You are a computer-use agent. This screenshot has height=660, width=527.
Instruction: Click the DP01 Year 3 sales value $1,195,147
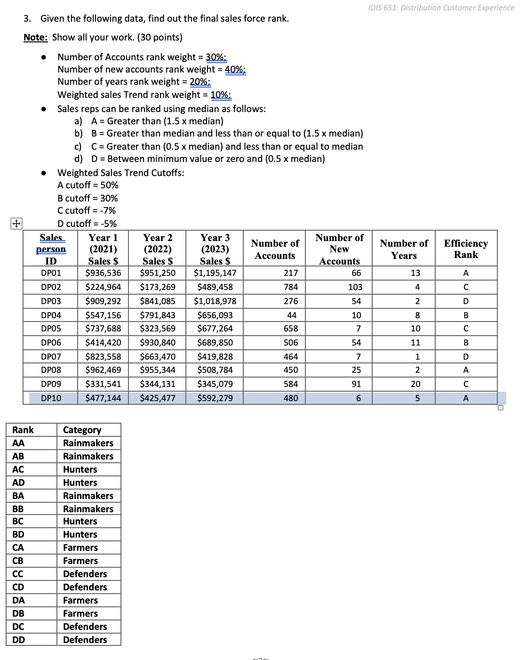[x=215, y=273]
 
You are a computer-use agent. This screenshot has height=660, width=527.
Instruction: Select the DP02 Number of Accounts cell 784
[x=290, y=287]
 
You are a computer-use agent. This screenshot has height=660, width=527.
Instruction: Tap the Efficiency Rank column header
[x=465, y=249]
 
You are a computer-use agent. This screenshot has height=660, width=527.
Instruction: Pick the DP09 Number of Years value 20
[x=415, y=384]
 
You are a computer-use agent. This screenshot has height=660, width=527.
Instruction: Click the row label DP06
[x=51, y=343]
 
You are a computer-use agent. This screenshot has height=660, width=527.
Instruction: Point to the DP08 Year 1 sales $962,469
[x=103, y=370]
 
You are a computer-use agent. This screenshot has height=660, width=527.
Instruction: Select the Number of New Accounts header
[x=339, y=249]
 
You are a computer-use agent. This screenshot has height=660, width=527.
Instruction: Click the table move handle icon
[x=16, y=224]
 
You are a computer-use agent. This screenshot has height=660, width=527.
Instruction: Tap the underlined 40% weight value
[x=235, y=70]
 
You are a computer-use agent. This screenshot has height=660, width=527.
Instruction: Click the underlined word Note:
[x=36, y=38]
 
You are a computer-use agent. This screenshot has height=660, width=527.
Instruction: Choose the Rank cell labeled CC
[x=18, y=574]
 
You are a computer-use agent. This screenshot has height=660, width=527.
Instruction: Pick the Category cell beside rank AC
[x=80, y=469]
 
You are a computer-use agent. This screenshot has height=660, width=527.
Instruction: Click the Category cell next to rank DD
[x=85, y=640]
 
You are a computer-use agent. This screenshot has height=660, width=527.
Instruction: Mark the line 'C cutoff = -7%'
[x=87, y=210]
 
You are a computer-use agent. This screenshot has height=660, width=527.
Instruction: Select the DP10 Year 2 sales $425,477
[x=158, y=398]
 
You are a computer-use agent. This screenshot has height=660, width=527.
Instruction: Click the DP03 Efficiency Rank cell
[x=465, y=301]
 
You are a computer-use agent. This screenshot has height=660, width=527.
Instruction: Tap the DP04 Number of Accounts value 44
[x=291, y=315]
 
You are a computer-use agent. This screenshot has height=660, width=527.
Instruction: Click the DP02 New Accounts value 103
[x=355, y=287]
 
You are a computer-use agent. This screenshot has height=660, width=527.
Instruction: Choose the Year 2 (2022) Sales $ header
[x=158, y=249]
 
